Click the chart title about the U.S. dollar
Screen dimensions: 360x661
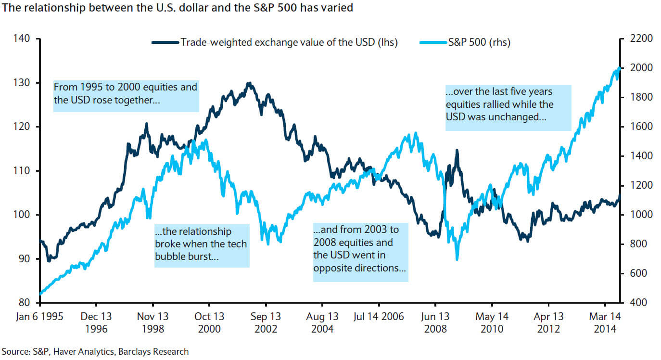[178, 9]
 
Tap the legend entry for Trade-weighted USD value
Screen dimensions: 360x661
[289, 42]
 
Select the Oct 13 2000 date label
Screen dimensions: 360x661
[209, 322]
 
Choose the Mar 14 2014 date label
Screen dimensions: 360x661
[605, 322]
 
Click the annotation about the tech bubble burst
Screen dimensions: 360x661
[202, 244]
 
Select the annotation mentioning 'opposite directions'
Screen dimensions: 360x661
[360, 251]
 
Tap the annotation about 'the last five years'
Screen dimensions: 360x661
[508, 108]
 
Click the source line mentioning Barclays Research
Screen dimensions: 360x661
[95, 351]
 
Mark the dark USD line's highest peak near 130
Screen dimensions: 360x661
[248, 83]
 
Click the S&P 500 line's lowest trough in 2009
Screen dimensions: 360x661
[457, 259]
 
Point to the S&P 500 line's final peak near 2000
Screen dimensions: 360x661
[619, 68]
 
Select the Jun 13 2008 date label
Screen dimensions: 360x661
[435, 322]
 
